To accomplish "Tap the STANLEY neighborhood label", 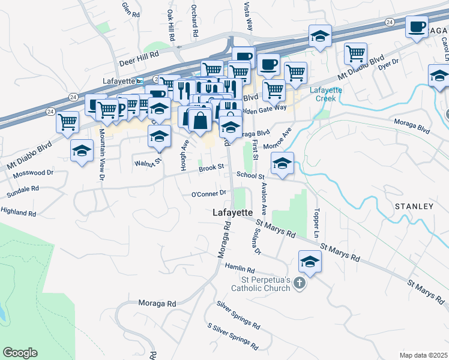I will [x=414, y=206].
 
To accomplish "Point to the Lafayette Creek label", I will [x=325, y=94].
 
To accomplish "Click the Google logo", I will [x=20, y=353].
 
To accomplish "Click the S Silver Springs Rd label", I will [x=233, y=337].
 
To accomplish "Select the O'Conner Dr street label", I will [x=208, y=194].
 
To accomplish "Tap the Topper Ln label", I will [x=315, y=223].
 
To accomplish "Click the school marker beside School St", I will [x=282, y=163].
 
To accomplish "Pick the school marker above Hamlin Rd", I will [x=310, y=261].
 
